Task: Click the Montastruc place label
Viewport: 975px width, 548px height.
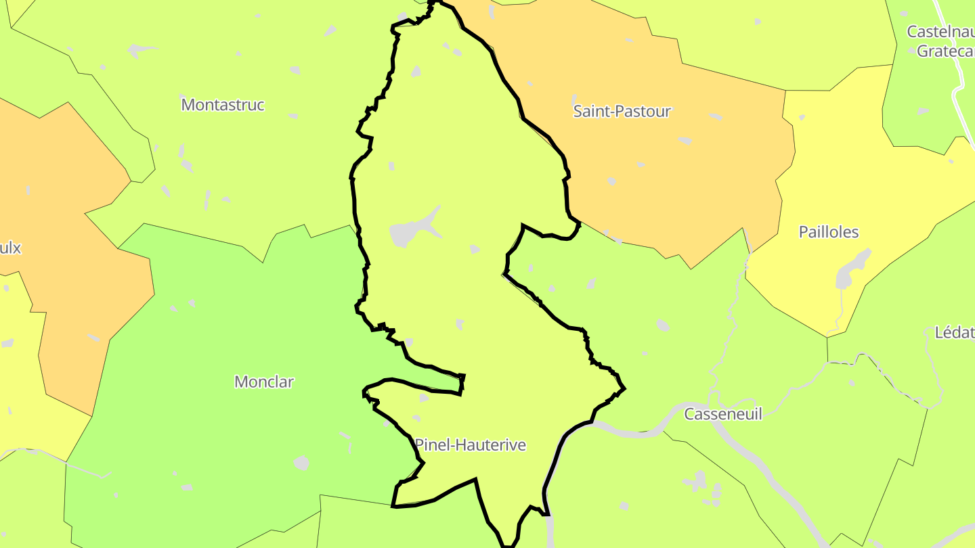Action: pos(223,105)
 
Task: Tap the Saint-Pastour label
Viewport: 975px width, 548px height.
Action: pos(622,111)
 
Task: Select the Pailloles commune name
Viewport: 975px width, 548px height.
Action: pos(829,232)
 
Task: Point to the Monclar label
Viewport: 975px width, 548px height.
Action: pos(264,382)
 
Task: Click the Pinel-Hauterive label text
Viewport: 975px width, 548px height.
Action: pos(471,445)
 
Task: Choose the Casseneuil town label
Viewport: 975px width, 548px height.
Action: pos(723,414)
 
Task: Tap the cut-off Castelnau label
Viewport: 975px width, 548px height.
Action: pos(940,32)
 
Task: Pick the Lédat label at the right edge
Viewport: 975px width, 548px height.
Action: pos(954,332)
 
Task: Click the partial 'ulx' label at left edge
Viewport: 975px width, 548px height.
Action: pos(10,248)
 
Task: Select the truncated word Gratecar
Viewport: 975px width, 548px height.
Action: pos(945,51)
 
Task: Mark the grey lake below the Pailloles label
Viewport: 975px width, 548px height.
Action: pos(849,271)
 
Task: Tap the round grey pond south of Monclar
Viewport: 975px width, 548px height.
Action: pos(301,463)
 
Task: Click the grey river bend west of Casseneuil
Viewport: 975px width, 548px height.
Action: pos(633,431)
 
